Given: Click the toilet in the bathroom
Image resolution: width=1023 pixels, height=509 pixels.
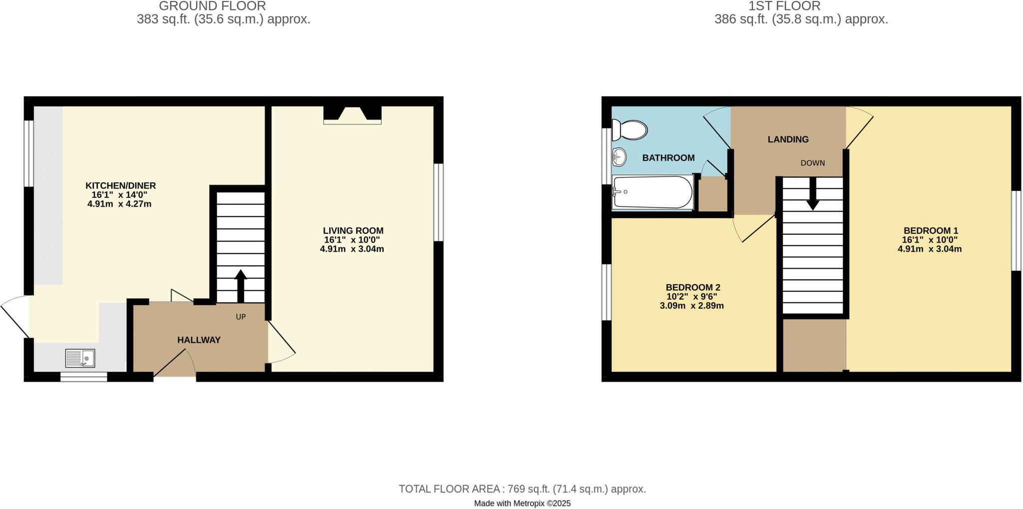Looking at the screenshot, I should point(630,130).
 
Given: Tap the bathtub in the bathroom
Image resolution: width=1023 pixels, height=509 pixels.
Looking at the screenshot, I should point(652,192).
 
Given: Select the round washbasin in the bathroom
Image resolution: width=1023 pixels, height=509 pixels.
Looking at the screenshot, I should point(618,157).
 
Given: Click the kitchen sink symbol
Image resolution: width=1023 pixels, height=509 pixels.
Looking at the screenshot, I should point(80,358).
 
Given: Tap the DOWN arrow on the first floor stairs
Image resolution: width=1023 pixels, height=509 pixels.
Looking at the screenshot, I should point(813,195).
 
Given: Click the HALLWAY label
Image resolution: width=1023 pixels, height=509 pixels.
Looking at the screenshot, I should point(199,340).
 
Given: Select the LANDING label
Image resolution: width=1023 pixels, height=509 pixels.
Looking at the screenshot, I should point(788,139).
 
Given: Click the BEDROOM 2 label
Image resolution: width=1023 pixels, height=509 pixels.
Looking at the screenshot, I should point(692,287).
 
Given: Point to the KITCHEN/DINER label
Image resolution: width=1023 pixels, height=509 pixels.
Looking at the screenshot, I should point(120,186).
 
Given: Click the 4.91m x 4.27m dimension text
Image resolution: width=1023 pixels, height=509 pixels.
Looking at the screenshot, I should point(119,204).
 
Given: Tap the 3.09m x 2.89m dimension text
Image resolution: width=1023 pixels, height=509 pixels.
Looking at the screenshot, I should point(691,306).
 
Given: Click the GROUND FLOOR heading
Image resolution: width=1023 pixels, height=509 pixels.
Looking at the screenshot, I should point(212,6).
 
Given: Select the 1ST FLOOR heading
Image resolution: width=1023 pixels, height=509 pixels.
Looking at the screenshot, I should point(784,6).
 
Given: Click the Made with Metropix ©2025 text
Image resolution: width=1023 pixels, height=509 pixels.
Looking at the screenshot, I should point(522,503).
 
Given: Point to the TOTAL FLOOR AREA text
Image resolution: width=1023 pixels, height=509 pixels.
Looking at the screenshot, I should point(522,489).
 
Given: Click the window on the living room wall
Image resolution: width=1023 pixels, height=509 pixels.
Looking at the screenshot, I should point(438,202).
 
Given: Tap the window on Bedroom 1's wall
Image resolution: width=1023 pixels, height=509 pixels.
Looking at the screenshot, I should point(1016,231).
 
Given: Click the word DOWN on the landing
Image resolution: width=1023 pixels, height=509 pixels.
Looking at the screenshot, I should point(812,163).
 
